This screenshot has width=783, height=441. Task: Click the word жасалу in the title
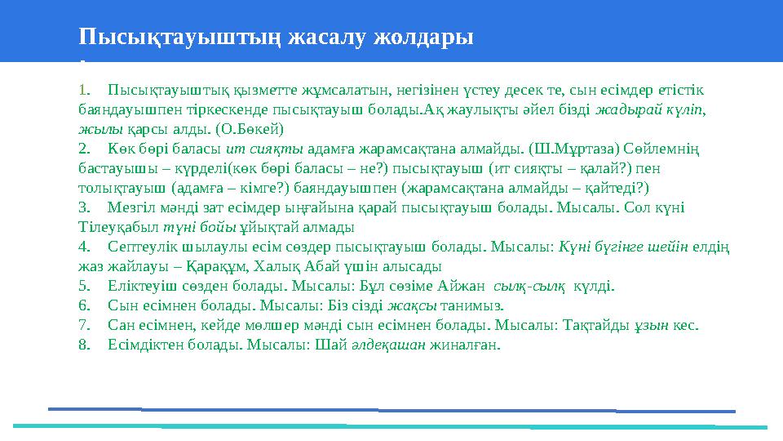point(330,37)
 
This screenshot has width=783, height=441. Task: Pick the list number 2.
point(83,148)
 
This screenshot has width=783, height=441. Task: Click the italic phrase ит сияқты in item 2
point(264,148)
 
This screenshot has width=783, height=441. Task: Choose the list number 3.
point(83,207)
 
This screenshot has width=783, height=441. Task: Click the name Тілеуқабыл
point(119,227)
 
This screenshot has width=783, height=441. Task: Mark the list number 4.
point(83,247)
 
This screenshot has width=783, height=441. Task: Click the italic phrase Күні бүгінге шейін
point(624,247)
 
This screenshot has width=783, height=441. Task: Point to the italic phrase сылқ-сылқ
point(529,286)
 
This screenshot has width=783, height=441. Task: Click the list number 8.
point(83,345)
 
